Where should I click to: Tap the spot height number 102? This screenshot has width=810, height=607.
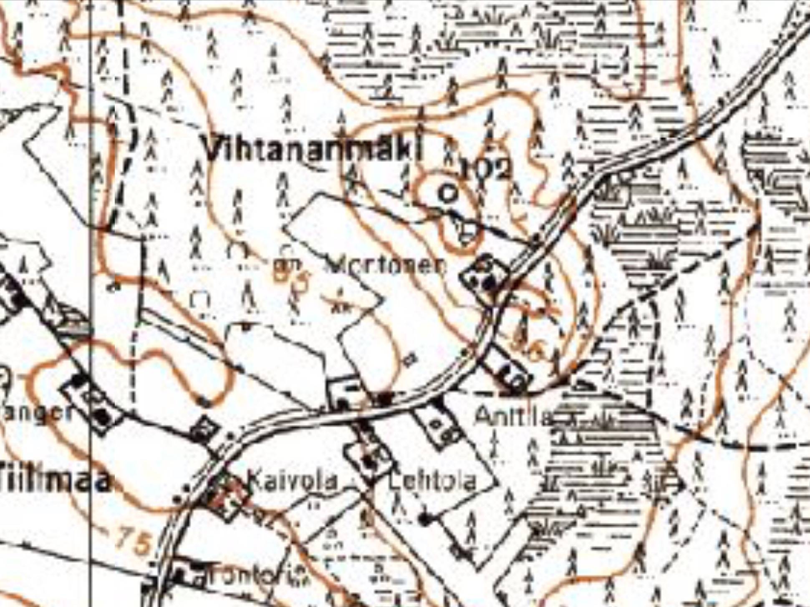(x=486, y=169)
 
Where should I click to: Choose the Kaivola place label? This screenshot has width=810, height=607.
(x=292, y=481)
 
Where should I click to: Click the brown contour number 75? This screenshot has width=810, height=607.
(x=132, y=541)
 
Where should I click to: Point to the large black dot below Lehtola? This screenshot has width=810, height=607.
(x=424, y=519)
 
